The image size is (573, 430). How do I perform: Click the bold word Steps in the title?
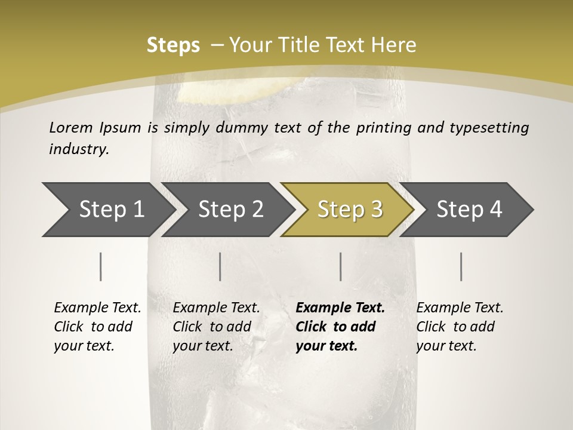[173, 45]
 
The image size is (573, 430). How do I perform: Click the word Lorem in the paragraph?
[71, 127]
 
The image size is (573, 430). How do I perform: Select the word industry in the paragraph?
[78, 149]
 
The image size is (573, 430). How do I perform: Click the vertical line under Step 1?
[101, 266]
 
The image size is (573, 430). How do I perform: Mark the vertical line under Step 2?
[220, 266]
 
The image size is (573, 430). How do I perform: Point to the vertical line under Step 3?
[341, 266]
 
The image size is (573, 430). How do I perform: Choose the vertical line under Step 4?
[461, 266]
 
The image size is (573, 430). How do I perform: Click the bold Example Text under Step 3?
[340, 308]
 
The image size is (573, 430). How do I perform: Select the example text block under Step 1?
[97, 327]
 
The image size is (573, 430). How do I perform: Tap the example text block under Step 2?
[216, 327]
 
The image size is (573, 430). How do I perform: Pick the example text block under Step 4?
[460, 327]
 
